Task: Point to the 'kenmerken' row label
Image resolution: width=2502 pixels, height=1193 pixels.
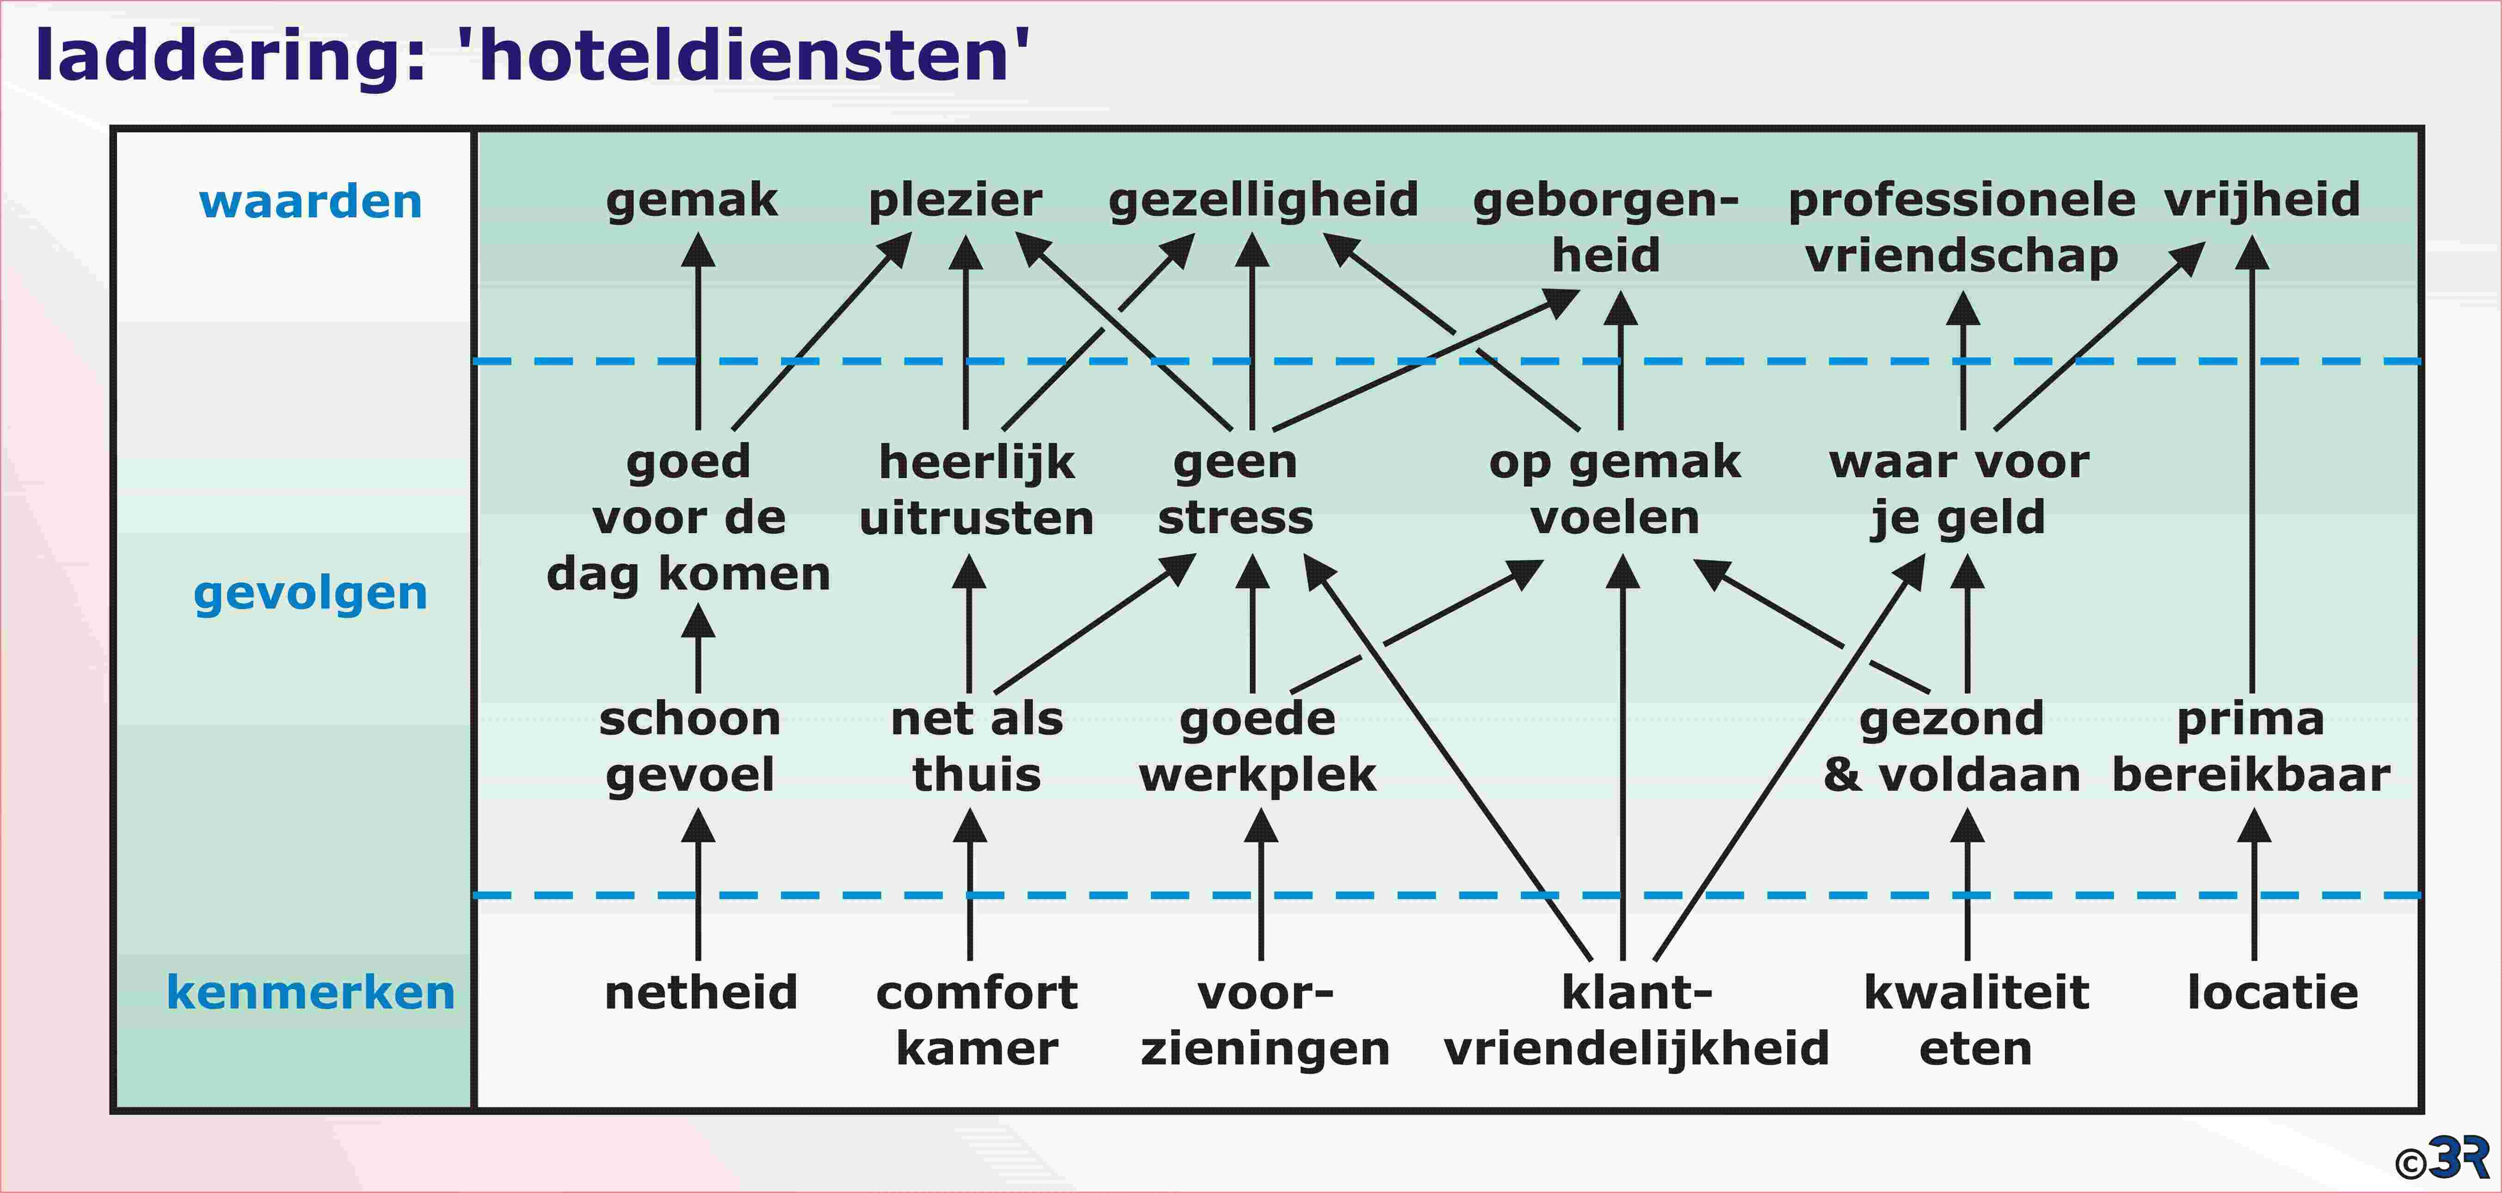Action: [311, 992]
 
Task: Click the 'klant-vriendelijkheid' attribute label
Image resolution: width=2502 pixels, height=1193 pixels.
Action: [1636, 1020]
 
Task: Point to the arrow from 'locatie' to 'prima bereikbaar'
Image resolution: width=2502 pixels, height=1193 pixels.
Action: [2254, 884]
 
